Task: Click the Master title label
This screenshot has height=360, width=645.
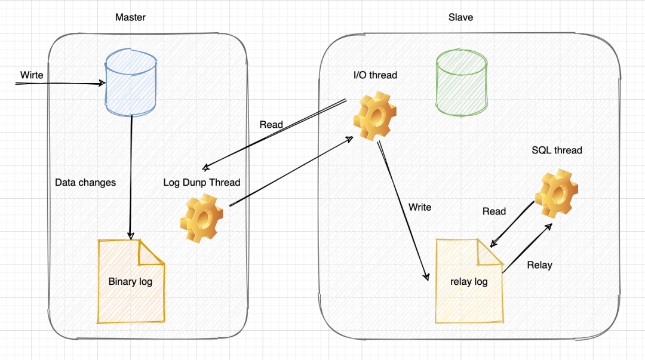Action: pos(130,17)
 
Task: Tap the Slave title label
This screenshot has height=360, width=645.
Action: pos(460,17)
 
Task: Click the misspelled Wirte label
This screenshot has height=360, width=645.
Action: pos(32,75)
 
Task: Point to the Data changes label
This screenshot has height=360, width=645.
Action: pos(85,183)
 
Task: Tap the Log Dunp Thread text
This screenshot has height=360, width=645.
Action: pos(202,183)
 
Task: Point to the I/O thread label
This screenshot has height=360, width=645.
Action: pos(375,75)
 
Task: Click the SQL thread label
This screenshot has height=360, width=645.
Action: pos(557,150)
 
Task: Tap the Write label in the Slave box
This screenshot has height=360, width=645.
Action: pos(420,207)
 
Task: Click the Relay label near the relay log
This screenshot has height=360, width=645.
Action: pos(539,265)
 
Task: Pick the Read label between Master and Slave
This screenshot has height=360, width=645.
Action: pos(271,125)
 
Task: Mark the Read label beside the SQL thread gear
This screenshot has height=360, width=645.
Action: pos(494,211)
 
